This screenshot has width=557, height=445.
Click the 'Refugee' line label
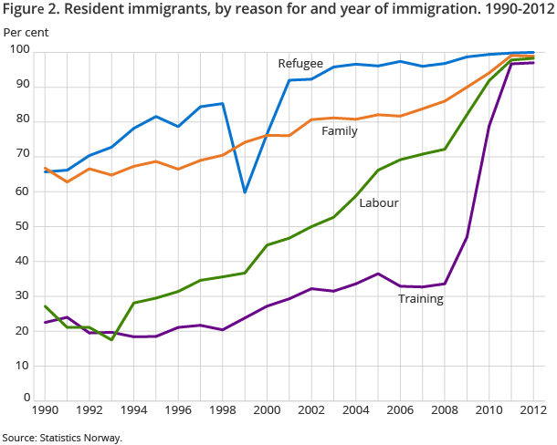click(x=300, y=63)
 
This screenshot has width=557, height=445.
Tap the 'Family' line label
click(x=339, y=131)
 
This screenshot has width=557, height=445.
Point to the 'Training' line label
click(x=420, y=298)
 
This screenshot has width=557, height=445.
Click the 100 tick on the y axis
click(x=20, y=50)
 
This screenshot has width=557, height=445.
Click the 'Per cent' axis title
click(x=26, y=32)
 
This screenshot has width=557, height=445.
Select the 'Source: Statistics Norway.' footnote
click(x=62, y=439)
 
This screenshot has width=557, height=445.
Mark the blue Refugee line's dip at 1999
click(x=245, y=192)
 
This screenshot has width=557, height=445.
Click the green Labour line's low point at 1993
click(x=112, y=339)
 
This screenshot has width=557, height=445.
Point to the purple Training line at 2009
click(x=466, y=237)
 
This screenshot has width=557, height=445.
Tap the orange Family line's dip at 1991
click(x=68, y=182)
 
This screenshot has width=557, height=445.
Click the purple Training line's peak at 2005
click(x=377, y=274)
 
